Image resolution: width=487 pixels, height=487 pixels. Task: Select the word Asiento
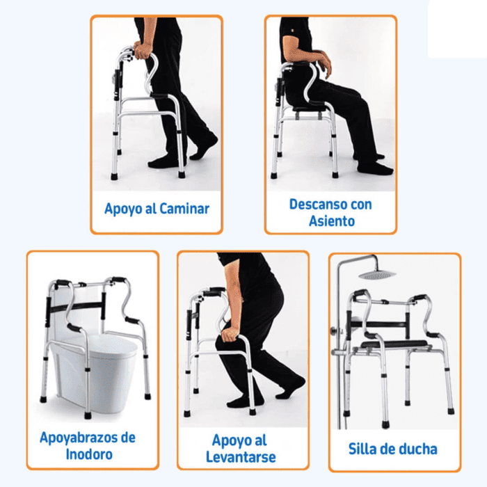click(x=332, y=221)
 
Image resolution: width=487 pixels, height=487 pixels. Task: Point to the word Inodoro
click(x=89, y=454)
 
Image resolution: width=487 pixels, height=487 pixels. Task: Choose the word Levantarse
click(x=241, y=457)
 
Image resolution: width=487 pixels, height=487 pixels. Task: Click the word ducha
click(x=418, y=449)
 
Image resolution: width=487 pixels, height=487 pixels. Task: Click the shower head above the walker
click(x=377, y=274)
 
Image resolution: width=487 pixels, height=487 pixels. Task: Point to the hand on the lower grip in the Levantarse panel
click(x=229, y=335)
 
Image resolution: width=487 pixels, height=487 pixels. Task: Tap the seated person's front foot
click(x=375, y=168)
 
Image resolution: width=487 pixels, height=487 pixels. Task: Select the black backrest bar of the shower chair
click(x=378, y=325)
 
